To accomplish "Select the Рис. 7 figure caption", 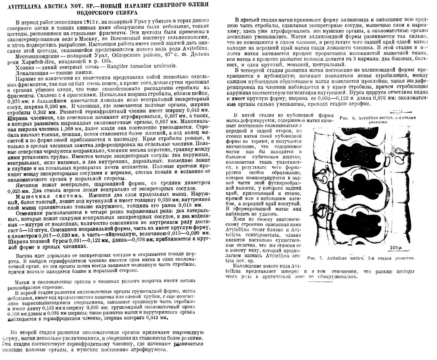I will click(x=360, y=258).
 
